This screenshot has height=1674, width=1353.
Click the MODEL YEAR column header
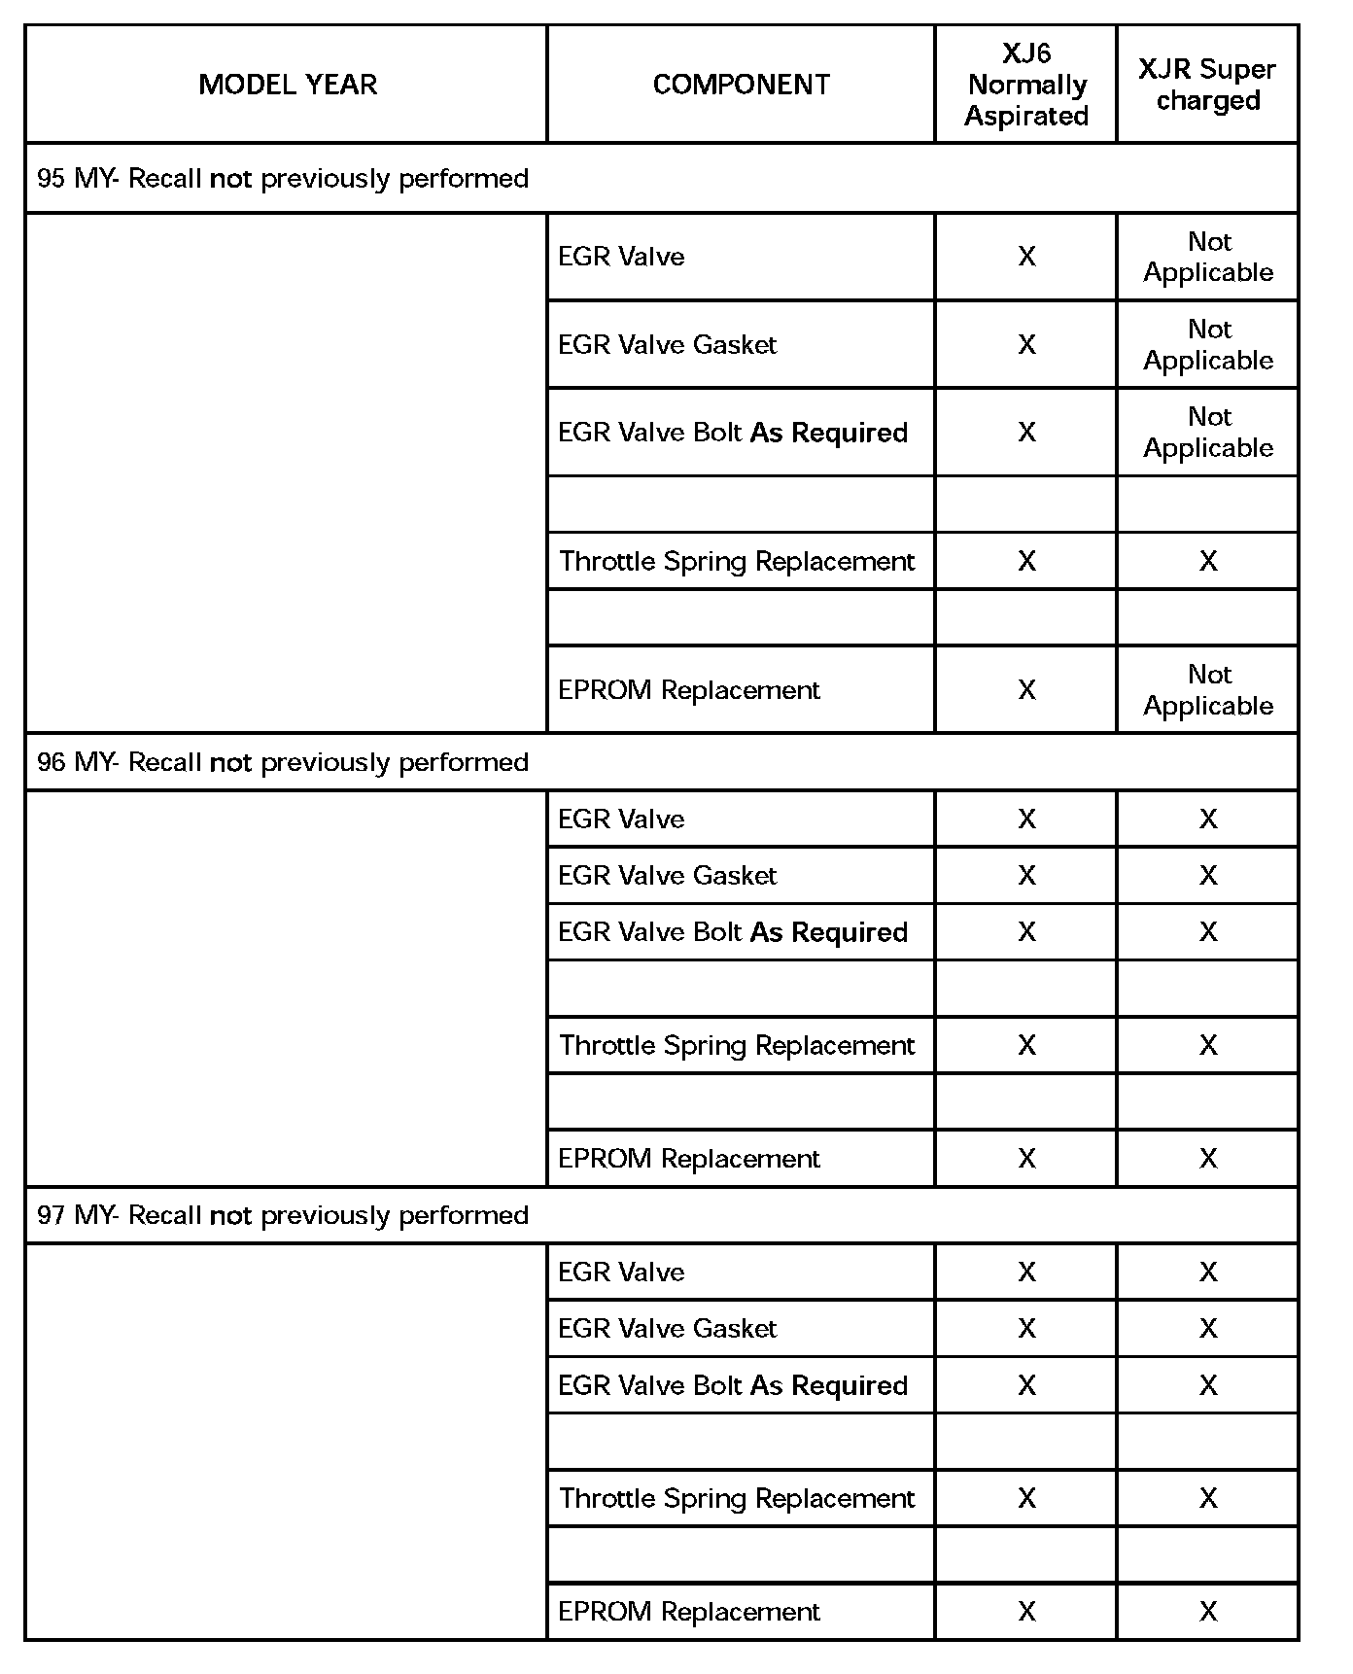pyautogui.click(x=288, y=85)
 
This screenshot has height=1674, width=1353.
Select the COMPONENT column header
pyautogui.click(x=741, y=85)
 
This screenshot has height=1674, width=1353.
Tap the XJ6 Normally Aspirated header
pyautogui.click(x=1025, y=85)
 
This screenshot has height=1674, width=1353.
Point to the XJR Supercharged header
pyautogui.click(x=1207, y=85)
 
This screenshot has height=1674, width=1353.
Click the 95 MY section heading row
pyautogui.click(x=283, y=179)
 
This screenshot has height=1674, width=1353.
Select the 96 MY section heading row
pyautogui.click(x=283, y=762)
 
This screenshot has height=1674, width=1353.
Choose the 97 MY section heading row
pyautogui.click(x=283, y=1215)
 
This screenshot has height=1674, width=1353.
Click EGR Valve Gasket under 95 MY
pyautogui.click(x=668, y=345)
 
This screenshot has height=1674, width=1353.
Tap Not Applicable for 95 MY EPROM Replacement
pyautogui.click(x=1208, y=690)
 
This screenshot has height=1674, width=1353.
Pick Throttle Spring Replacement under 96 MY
pyautogui.click(x=737, y=1046)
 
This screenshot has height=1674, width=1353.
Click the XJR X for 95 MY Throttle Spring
pyautogui.click(x=1208, y=562)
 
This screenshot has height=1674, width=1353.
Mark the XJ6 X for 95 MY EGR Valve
pyautogui.click(x=1026, y=257)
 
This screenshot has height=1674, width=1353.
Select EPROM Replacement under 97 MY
pyautogui.click(x=689, y=1612)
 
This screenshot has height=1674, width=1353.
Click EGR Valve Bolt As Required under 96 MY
pyautogui.click(x=733, y=932)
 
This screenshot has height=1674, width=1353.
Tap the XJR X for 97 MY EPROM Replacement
pyautogui.click(x=1208, y=1612)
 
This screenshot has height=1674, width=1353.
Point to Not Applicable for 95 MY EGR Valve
pyautogui.click(x=1208, y=257)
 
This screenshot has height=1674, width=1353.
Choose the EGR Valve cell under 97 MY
pyautogui.click(x=621, y=1273)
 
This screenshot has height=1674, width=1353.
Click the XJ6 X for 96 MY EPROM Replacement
pyautogui.click(x=1026, y=1159)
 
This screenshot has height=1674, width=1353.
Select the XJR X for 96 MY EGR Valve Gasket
pyautogui.click(x=1208, y=876)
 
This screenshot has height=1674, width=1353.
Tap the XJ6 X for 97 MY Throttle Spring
pyautogui.click(x=1026, y=1499)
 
